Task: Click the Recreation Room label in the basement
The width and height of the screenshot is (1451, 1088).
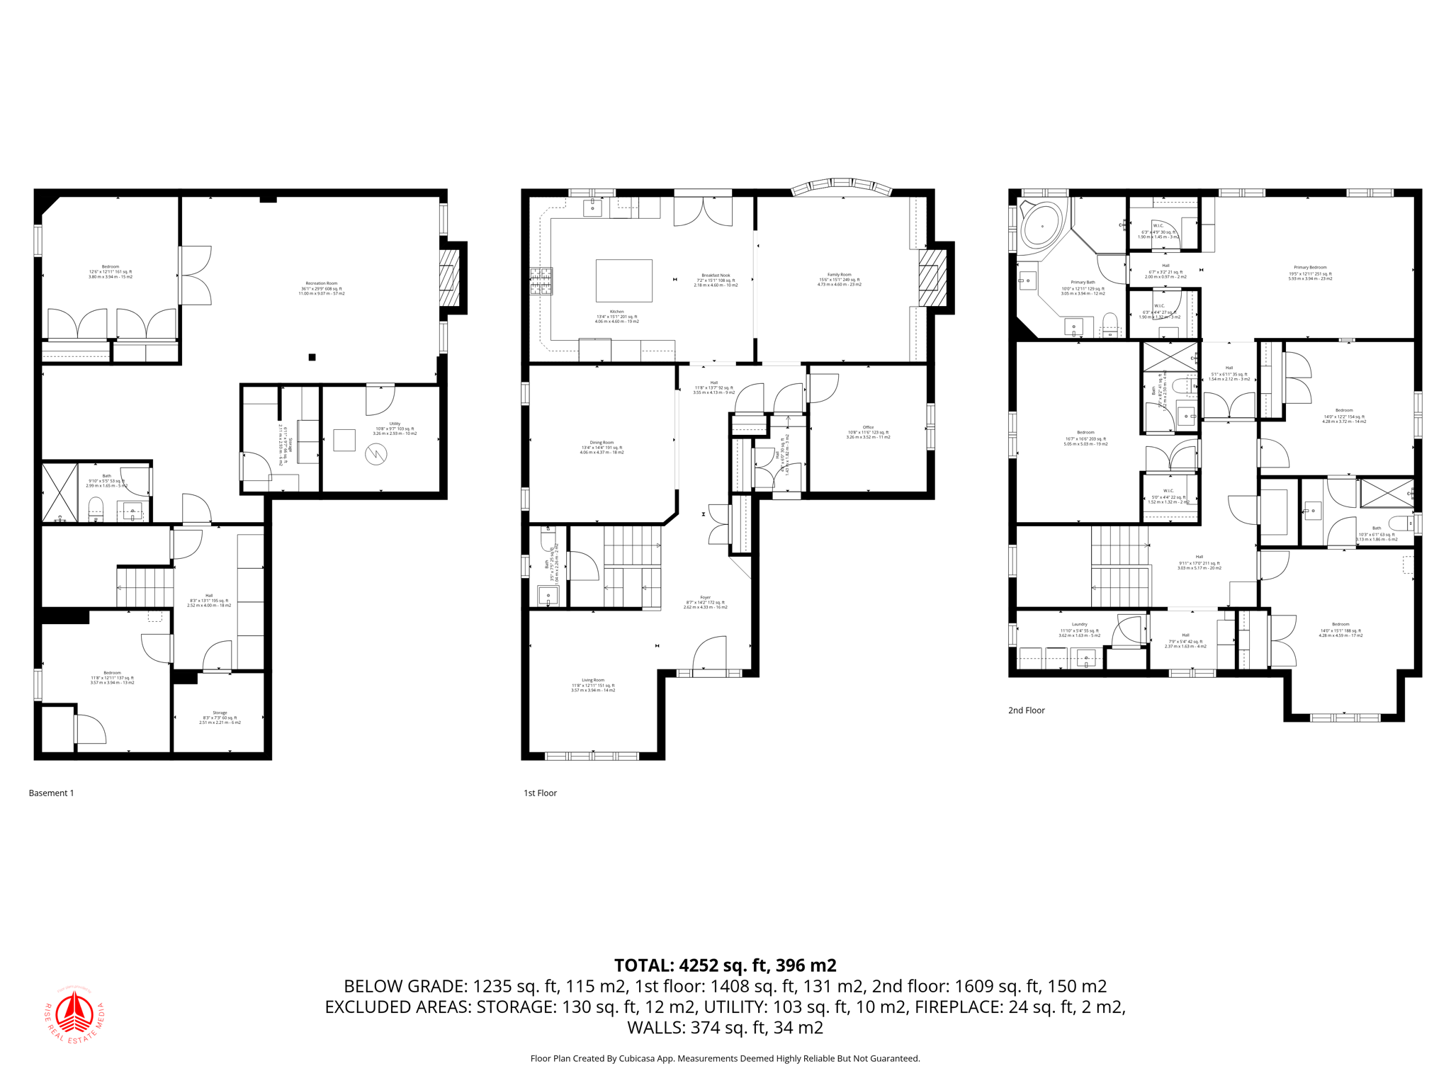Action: pyautogui.click(x=321, y=288)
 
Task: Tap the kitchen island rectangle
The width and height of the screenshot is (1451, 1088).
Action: pyautogui.click(x=623, y=280)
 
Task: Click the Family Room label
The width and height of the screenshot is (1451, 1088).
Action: pyautogui.click(x=839, y=279)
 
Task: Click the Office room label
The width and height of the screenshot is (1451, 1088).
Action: pyautogui.click(x=868, y=432)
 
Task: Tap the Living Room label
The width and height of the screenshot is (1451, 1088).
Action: pyautogui.click(x=593, y=684)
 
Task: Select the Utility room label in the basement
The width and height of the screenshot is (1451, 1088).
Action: pyautogui.click(x=395, y=428)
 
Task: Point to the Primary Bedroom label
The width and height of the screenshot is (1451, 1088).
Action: pyautogui.click(x=1310, y=273)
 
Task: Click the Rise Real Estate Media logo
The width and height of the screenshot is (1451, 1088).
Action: pyautogui.click(x=74, y=1014)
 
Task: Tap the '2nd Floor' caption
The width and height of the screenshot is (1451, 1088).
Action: pyautogui.click(x=1026, y=710)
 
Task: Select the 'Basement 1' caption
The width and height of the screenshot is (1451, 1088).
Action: pyautogui.click(x=51, y=793)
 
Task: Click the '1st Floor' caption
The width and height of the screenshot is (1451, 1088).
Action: pyautogui.click(x=540, y=793)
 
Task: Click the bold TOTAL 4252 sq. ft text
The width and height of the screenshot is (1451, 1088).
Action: pyautogui.click(x=725, y=965)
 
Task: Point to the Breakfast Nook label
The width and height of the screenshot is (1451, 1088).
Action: pyautogui.click(x=716, y=280)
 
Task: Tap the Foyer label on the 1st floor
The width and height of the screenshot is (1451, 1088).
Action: pyautogui.click(x=705, y=602)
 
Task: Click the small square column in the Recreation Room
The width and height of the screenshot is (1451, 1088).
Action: pyautogui.click(x=312, y=357)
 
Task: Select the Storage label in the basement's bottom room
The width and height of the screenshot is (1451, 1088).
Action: pyautogui.click(x=220, y=717)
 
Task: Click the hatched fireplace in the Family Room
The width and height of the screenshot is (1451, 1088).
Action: pyautogui.click(x=933, y=277)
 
